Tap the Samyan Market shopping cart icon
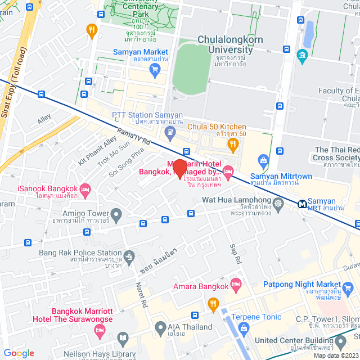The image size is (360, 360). (155, 69)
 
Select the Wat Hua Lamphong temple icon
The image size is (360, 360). (278, 202)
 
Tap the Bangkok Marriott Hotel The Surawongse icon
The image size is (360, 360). (100, 332)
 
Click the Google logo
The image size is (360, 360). (19, 353)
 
